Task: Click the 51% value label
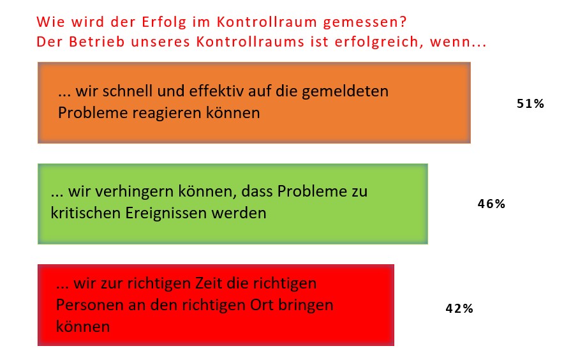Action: pos(530,104)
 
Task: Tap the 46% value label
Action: pos(491,204)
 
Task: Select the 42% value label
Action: pos(459,309)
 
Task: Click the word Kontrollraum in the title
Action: pos(267,22)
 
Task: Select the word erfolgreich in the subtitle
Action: pos(379,43)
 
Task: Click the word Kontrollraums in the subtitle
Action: pos(251,41)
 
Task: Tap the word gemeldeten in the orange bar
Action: pos(345,92)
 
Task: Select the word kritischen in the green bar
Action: pos(85,213)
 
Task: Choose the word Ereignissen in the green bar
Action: pos(167,214)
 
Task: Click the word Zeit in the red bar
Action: pos(209,283)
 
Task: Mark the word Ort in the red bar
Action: pos(262,304)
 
